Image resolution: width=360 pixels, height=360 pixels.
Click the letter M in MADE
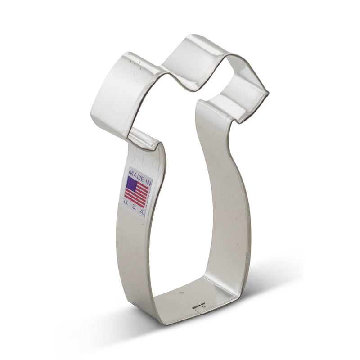[130, 171]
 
